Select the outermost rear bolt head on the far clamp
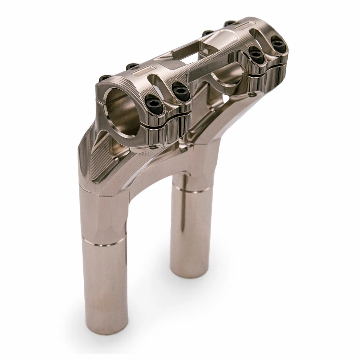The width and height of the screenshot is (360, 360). click(x=229, y=23)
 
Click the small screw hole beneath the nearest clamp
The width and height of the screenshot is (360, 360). click(x=154, y=147)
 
